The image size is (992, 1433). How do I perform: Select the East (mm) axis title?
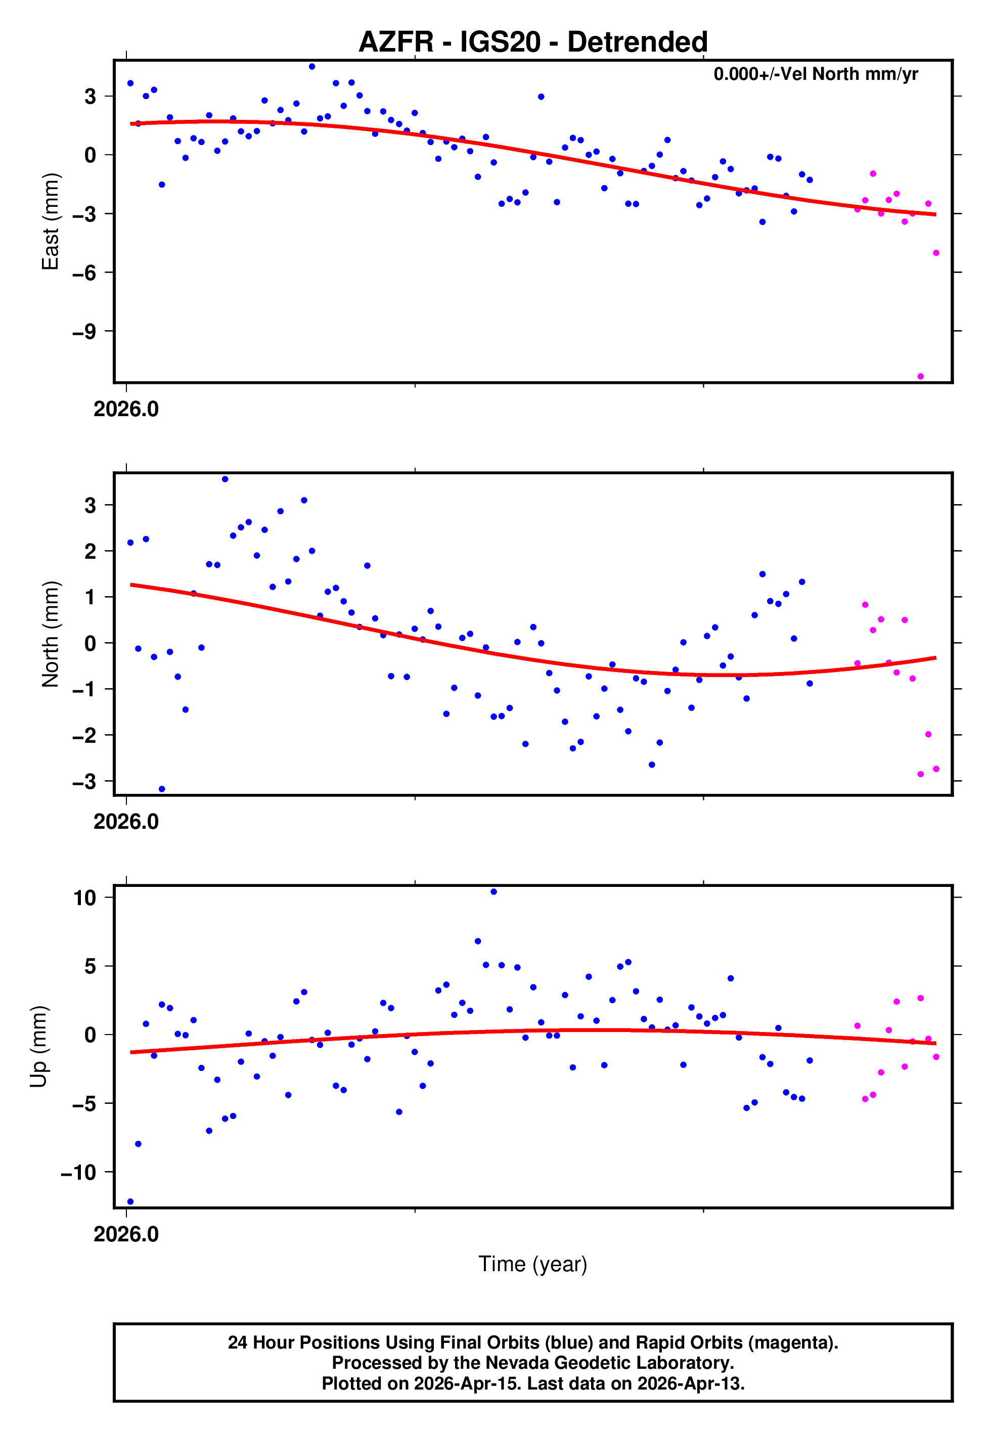(50, 222)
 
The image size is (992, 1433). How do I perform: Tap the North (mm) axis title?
(50, 634)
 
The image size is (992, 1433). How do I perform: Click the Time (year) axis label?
(533, 1264)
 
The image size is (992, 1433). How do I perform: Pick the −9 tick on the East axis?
(84, 331)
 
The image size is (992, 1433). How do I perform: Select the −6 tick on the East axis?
(84, 272)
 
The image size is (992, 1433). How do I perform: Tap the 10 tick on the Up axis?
(84, 898)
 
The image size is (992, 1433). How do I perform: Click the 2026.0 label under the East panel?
(126, 410)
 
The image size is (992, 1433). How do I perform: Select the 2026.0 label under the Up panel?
(126, 1234)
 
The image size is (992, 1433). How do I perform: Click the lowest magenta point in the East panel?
(921, 377)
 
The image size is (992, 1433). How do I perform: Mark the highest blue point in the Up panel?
(493, 892)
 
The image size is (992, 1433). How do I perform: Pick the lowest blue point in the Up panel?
(130, 1202)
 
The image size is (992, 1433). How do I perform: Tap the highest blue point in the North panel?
(225, 479)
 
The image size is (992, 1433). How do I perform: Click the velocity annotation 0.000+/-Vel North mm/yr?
(816, 74)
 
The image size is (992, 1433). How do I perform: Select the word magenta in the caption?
(791, 1343)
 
